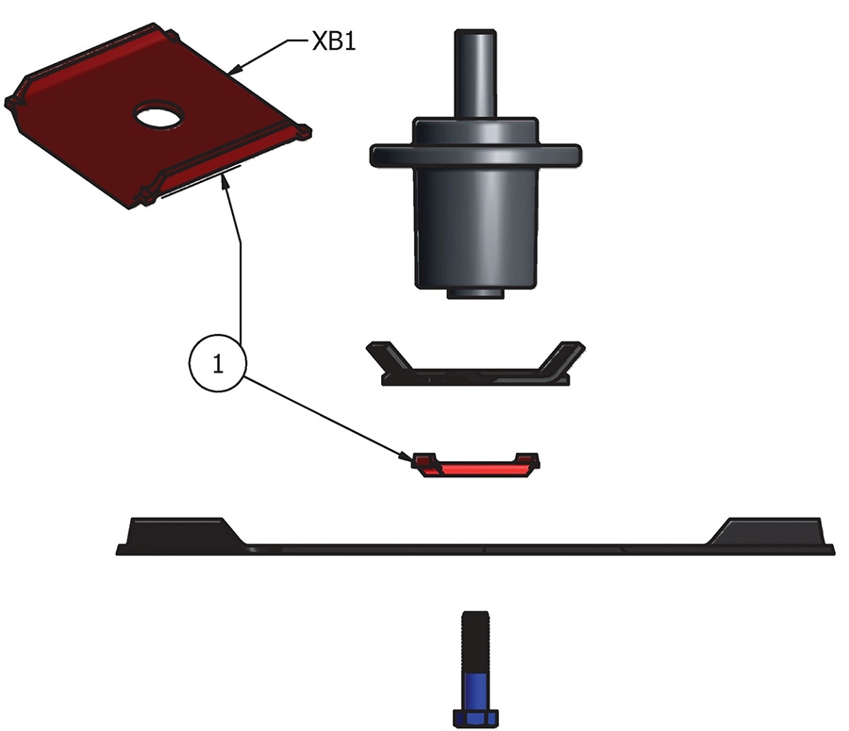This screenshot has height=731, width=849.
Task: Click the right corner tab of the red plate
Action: pos(302,133)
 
